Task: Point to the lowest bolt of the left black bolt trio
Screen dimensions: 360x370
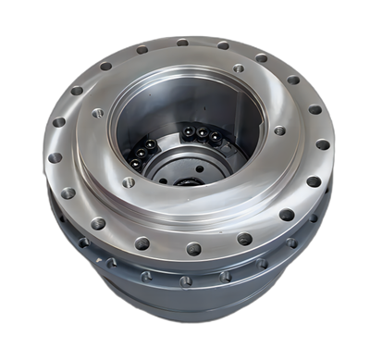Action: [136, 164]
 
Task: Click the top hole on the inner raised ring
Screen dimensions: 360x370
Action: [238, 68]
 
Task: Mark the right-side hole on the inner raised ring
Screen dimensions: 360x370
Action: [278, 130]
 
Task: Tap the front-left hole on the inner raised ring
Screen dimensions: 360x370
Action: [128, 182]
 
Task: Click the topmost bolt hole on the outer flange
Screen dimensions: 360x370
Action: [182, 42]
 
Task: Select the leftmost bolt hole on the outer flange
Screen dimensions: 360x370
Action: [55, 157]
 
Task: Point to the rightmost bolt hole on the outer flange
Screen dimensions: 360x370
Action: [322, 144]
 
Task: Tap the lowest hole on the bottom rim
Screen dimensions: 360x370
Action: [185, 280]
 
